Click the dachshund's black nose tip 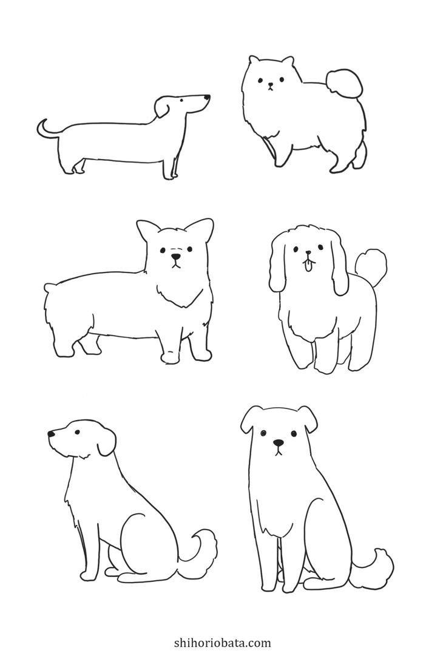point(207,98)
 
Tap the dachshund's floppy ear point(162,107)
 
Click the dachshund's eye point(181,101)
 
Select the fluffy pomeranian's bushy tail point(344,83)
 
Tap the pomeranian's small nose point(270,84)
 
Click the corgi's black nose point(176,256)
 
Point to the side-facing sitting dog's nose point(51,433)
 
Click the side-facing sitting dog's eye point(77,431)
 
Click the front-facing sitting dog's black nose point(278,443)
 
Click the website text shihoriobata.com point(222,643)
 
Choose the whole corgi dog point(129,291)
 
